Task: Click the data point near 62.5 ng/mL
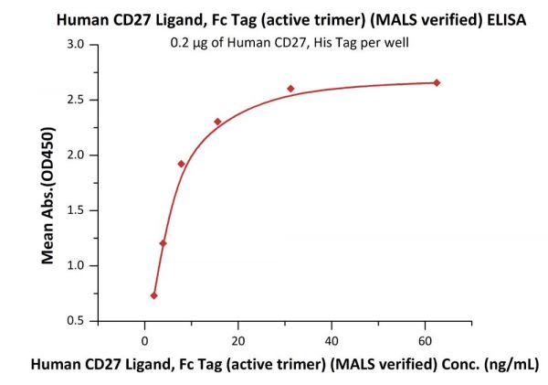(x=437, y=83)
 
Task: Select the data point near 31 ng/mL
(x=290, y=89)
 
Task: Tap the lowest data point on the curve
(x=153, y=295)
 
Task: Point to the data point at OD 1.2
(x=163, y=243)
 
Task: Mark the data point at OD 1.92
(x=181, y=164)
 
